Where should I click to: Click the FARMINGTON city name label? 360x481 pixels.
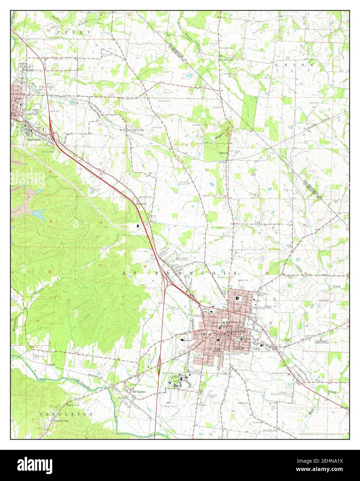coord(237,332)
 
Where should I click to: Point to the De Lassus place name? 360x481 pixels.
coord(139,391)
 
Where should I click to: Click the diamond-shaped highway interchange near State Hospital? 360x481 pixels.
coord(159,366)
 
